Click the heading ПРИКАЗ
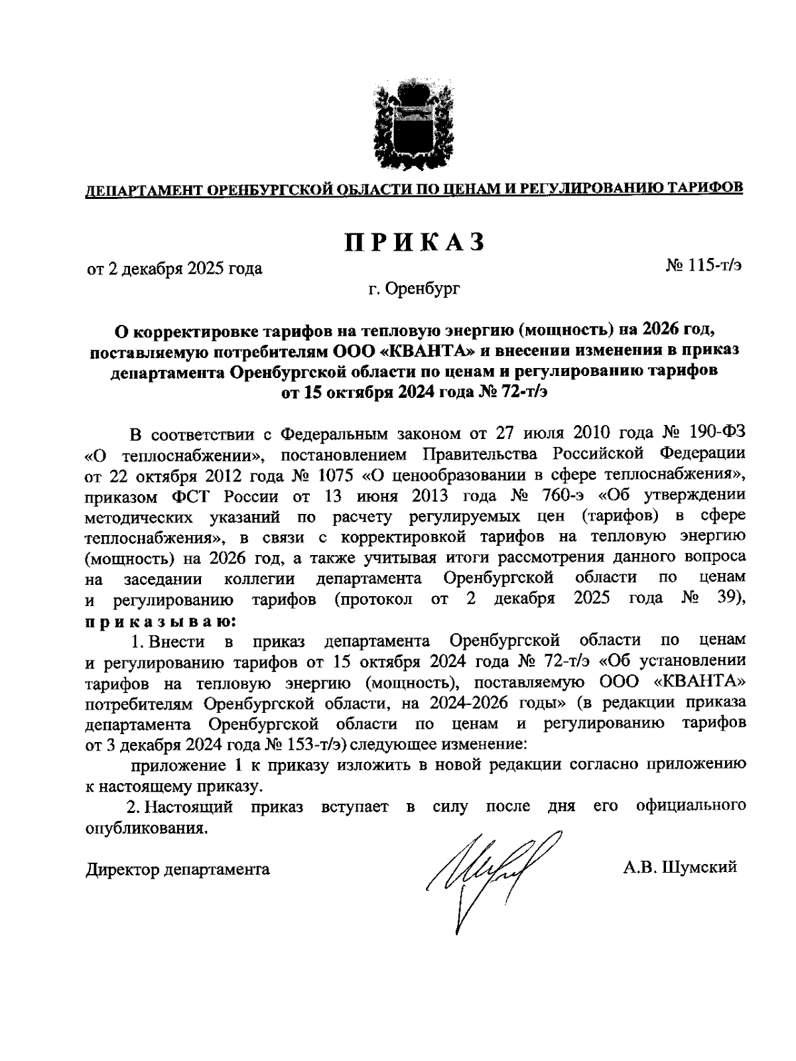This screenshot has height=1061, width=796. (x=414, y=243)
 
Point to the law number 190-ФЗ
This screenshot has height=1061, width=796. (x=719, y=434)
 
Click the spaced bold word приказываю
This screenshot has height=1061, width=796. (x=161, y=621)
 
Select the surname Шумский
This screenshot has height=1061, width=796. (x=699, y=868)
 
